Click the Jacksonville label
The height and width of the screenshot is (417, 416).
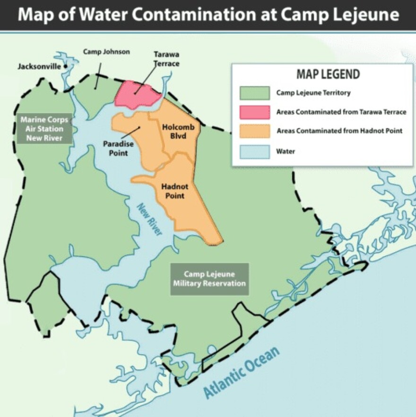tap(39, 66)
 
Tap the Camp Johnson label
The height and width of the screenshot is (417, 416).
tap(106, 52)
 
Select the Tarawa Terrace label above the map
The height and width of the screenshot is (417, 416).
tap(166, 59)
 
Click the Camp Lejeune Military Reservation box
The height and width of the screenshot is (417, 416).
tap(209, 279)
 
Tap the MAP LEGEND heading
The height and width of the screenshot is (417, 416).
tap(321, 74)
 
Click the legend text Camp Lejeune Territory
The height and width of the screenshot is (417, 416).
tap(313, 93)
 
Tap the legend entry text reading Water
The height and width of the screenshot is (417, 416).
tap(286, 152)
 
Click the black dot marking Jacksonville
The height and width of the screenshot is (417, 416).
tap(65, 66)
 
